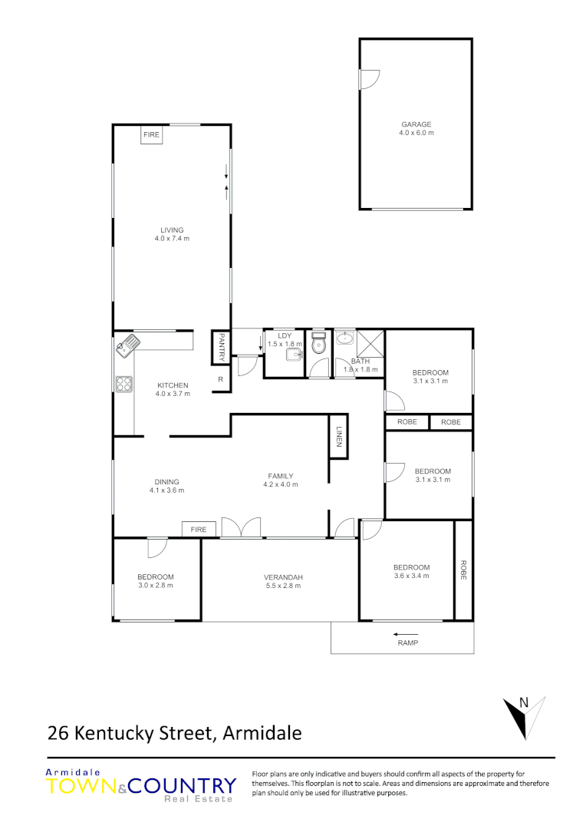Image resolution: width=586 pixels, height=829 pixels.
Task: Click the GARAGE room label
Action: [x=416, y=124]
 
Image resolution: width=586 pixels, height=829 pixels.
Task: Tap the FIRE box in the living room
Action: [x=151, y=135]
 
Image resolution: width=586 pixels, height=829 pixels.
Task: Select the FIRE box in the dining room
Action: [x=199, y=529]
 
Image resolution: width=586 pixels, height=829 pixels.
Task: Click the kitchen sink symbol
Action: [x=127, y=345]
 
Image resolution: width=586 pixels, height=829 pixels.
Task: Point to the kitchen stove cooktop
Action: [x=123, y=385]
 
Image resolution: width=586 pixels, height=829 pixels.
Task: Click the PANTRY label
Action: [x=221, y=347]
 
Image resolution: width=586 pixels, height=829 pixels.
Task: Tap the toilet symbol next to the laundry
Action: [x=319, y=347]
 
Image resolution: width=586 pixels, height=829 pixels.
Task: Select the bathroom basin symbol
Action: [x=345, y=338]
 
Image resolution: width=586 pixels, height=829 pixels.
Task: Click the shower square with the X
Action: [x=370, y=342]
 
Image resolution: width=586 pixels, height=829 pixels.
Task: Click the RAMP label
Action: [x=407, y=643]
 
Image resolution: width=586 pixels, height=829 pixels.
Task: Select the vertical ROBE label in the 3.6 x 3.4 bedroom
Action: [x=463, y=570]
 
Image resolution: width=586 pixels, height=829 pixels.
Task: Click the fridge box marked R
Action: [x=220, y=379]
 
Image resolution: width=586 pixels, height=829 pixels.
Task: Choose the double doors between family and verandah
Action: [x=242, y=527]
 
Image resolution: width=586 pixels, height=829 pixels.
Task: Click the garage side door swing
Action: [x=369, y=78]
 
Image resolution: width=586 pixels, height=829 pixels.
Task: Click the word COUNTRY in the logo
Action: [x=183, y=786]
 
